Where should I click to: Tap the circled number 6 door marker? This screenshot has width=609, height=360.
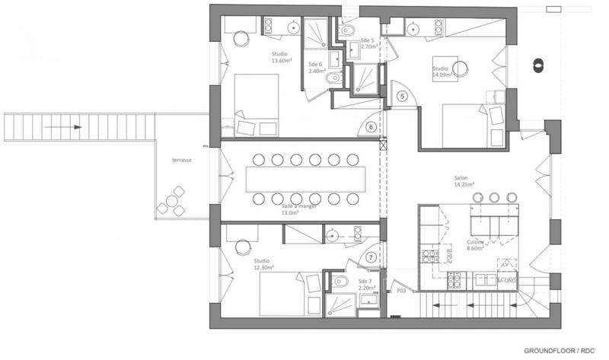coord(371,128)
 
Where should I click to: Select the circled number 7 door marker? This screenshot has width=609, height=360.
coord(371,257)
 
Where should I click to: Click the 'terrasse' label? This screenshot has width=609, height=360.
coord(182,161)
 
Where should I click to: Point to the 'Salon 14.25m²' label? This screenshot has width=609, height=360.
coord(464,180)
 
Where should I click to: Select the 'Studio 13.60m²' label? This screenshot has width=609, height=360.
coord(284,58)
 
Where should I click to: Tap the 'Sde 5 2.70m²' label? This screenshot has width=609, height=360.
coord(370,43)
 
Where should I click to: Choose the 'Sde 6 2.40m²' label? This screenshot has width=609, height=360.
coord(317,68)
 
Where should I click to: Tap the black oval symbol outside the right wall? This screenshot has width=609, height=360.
coord(537,65)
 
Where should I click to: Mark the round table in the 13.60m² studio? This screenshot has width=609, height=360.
coord(242,40)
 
